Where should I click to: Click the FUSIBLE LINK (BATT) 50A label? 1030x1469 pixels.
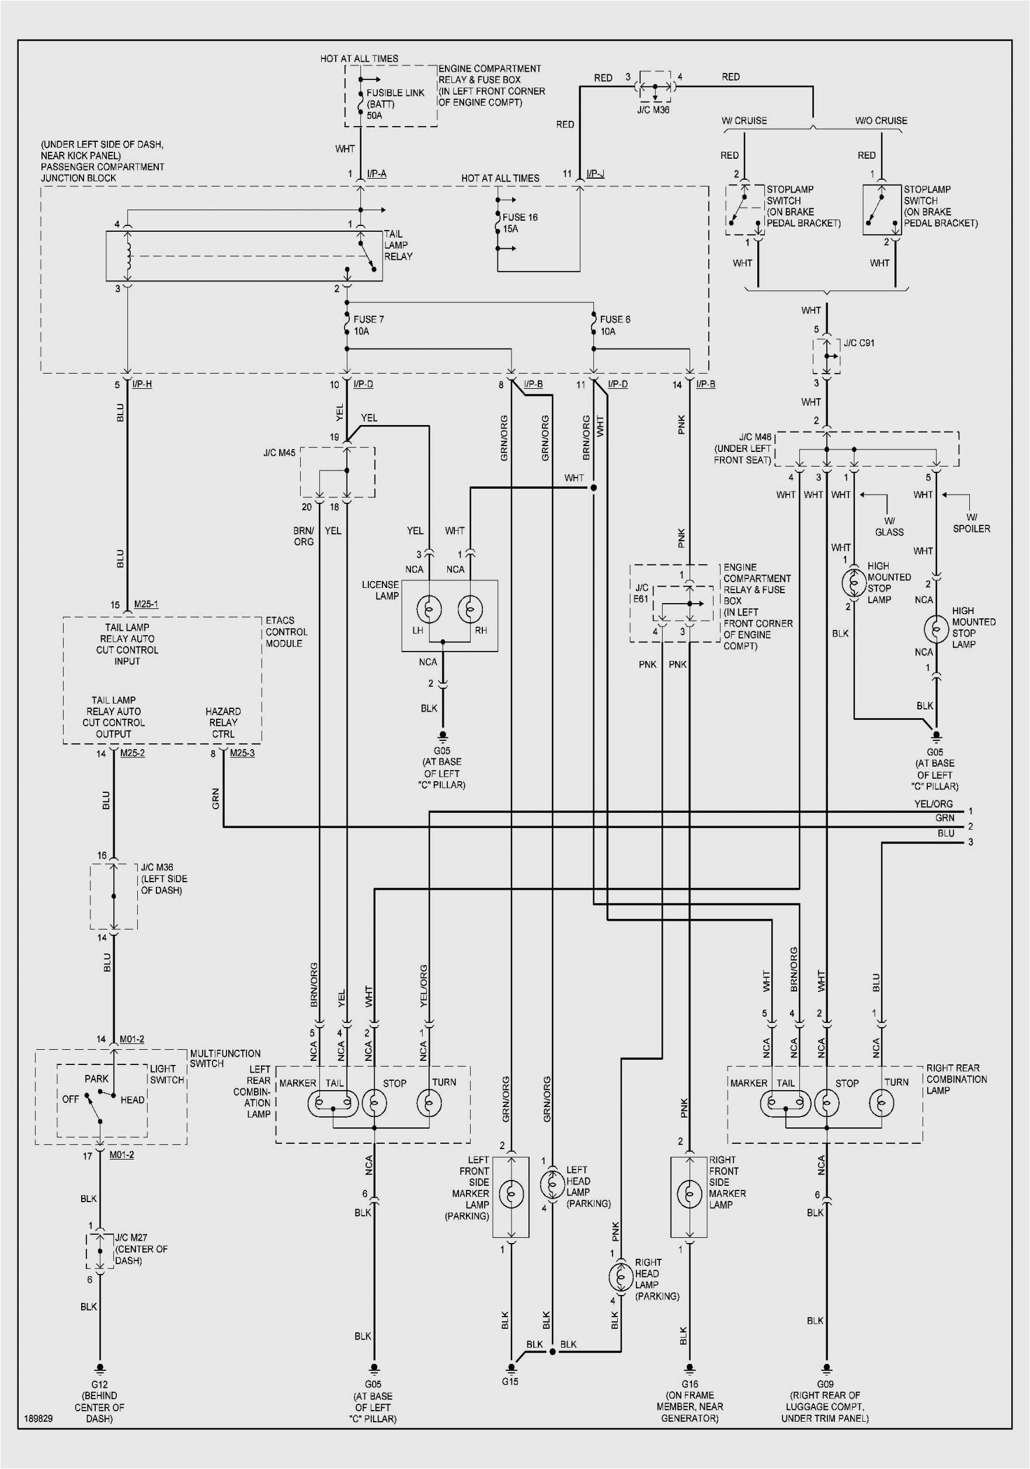(x=394, y=104)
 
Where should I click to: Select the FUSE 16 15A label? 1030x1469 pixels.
(x=520, y=222)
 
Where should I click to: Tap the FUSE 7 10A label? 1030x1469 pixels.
(x=368, y=325)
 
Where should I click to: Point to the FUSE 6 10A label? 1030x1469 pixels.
(x=614, y=325)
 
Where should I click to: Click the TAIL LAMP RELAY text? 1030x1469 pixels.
(x=398, y=245)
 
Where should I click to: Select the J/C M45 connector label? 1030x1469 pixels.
(x=279, y=452)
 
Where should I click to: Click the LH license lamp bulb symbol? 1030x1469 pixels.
(x=429, y=608)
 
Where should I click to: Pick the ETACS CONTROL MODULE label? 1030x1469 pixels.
(x=286, y=632)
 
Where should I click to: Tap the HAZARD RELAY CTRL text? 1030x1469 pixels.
(x=222, y=722)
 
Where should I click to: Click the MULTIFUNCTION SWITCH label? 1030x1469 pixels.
(x=225, y=1058)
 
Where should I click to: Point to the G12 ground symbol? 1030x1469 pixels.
(x=99, y=1369)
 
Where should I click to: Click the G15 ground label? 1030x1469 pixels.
(x=510, y=1381)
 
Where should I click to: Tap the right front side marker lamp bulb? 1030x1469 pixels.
(x=689, y=1193)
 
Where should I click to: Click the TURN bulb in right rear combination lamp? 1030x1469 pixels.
(x=881, y=1102)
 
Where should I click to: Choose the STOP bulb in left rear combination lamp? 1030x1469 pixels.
(x=374, y=1102)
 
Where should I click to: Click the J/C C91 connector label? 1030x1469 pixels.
(x=858, y=343)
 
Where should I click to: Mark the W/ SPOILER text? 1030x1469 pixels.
(x=971, y=523)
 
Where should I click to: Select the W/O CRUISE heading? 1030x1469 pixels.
(x=881, y=120)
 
